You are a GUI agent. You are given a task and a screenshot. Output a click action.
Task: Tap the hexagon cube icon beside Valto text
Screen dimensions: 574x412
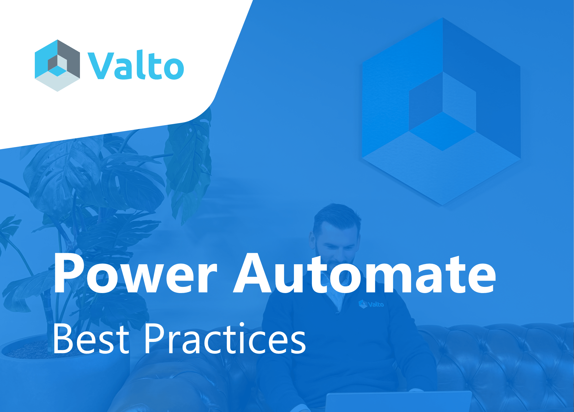tap(57, 65)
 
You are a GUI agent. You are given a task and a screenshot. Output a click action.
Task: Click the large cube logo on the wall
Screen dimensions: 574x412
tap(442, 111)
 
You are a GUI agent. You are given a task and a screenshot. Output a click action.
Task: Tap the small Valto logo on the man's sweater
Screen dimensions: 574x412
tap(371, 304)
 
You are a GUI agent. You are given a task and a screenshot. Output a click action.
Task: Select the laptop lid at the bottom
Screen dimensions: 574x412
tap(398, 402)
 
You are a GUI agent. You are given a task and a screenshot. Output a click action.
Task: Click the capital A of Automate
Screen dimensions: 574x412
tap(253, 273)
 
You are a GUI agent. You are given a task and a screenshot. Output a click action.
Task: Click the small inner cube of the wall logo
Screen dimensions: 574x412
tap(442, 111)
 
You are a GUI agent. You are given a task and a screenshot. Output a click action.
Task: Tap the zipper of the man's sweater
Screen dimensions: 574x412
tap(337, 312)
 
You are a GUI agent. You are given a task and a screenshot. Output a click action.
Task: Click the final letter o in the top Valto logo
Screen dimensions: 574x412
tap(174, 68)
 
